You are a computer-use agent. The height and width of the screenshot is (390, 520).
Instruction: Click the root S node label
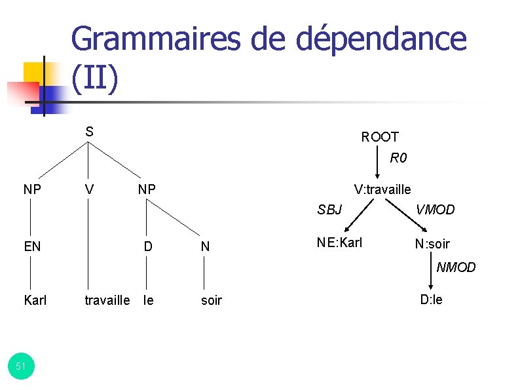point(90,131)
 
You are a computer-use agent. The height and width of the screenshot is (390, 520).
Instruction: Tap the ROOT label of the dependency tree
point(380,136)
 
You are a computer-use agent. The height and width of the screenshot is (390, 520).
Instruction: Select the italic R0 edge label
point(399,158)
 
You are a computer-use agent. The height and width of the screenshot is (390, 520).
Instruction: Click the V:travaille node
point(382,189)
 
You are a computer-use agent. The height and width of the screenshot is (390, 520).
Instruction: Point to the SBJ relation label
point(329,210)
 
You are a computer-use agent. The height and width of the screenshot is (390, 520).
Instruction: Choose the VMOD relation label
point(436,210)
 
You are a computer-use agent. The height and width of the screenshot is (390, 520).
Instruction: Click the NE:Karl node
point(339,243)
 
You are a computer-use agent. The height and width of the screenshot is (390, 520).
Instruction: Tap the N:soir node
point(432,244)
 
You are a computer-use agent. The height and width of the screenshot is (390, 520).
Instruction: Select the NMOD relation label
point(456,267)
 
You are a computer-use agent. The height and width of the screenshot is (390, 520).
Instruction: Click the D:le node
point(432,300)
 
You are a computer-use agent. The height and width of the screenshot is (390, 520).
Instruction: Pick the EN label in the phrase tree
point(32,247)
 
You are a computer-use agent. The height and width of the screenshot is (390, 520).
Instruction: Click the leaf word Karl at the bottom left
point(35,300)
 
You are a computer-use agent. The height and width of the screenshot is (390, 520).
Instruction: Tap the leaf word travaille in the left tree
point(107,300)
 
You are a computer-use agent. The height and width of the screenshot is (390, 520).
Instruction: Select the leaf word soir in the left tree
point(212,300)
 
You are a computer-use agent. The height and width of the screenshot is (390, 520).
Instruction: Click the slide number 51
point(20,366)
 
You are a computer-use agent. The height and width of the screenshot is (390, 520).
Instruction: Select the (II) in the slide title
point(96,78)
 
